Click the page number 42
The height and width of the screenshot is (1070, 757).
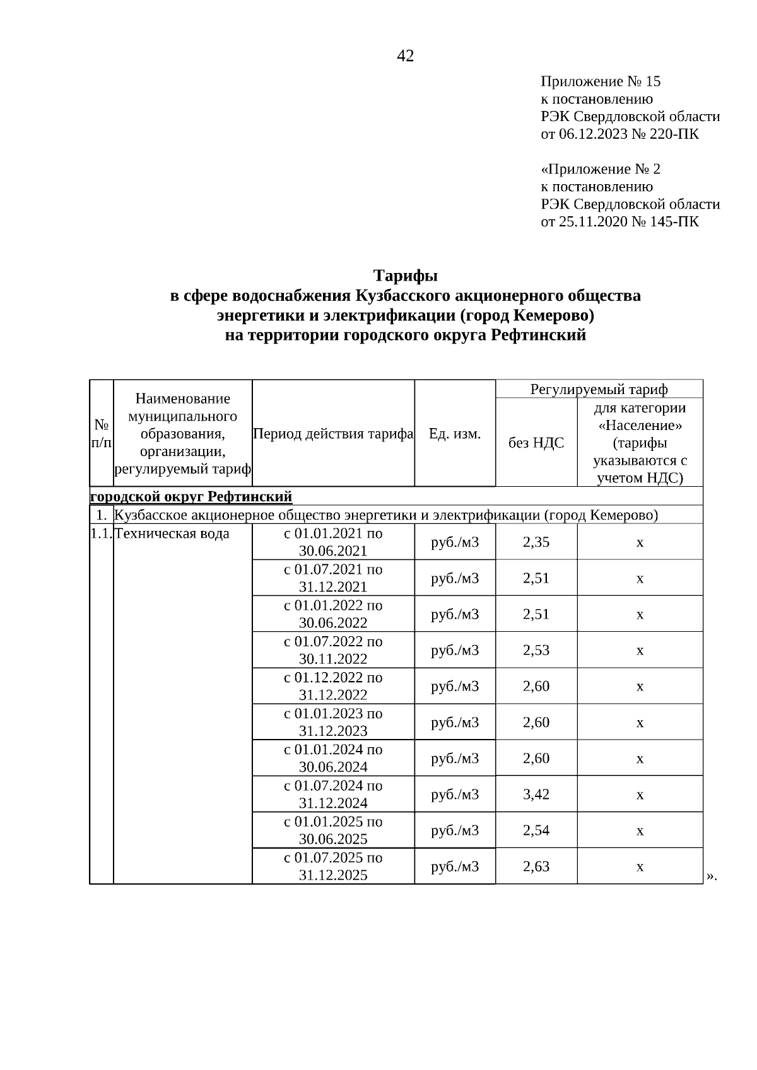pyautogui.click(x=405, y=56)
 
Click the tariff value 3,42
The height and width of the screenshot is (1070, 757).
pyautogui.click(x=536, y=794)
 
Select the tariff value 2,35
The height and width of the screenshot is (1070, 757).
pyautogui.click(x=536, y=542)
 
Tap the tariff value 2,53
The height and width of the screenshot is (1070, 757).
pyautogui.click(x=536, y=650)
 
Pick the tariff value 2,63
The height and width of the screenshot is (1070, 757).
pyautogui.click(x=536, y=866)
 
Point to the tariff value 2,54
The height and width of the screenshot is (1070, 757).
pyautogui.click(x=536, y=830)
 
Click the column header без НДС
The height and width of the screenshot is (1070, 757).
pyautogui.click(x=536, y=443)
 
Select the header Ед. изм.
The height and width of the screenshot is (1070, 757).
pyautogui.click(x=455, y=434)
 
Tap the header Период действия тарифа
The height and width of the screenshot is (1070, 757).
pyautogui.click(x=333, y=434)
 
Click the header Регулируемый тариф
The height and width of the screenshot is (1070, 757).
pyautogui.click(x=599, y=389)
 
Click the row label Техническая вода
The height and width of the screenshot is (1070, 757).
pyautogui.click(x=172, y=534)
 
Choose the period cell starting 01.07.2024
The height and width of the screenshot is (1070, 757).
pyautogui.click(x=333, y=794)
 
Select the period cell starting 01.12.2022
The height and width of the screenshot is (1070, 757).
pyautogui.click(x=333, y=686)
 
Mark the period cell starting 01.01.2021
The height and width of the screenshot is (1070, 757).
pyautogui.click(x=333, y=542)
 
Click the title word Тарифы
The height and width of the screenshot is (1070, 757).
pyautogui.click(x=405, y=276)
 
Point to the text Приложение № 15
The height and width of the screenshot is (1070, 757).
pyautogui.click(x=601, y=81)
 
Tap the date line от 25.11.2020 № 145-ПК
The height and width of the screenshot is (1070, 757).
pyautogui.click(x=619, y=221)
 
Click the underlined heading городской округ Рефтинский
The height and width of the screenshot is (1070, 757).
pyautogui.click(x=191, y=496)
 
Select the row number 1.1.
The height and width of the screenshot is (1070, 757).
pyautogui.click(x=101, y=534)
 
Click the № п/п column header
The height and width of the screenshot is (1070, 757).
pyautogui.click(x=102, y=433)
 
